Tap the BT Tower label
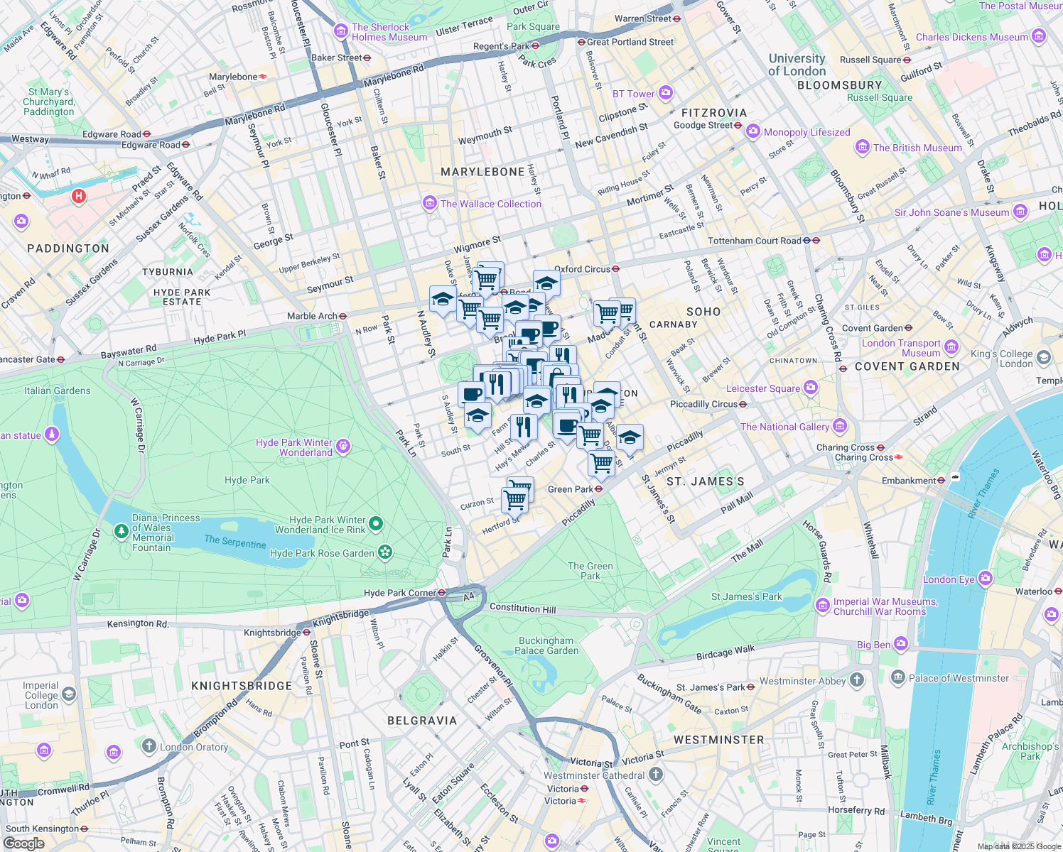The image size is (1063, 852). [633, 94]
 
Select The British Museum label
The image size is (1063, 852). [917, 148]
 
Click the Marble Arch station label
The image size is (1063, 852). [312, 316]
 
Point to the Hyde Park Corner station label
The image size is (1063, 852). [399, 593]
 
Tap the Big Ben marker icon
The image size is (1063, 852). [901, 644]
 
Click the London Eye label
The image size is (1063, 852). [949, 579]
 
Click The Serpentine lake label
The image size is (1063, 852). [234, 542]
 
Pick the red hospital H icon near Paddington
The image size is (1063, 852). [79, 196]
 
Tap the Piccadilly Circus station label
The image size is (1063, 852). [703, 404]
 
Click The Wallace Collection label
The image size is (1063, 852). [490, 204]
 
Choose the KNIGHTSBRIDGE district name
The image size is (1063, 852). [242, 686]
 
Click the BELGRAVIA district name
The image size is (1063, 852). [422, 721]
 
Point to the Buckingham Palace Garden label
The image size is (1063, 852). [546, 645]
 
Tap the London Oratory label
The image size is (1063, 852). [194, 747]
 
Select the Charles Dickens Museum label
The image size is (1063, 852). [971, 37]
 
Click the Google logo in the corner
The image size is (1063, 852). [23, 843]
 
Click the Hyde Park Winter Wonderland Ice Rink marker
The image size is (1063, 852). [376, 525]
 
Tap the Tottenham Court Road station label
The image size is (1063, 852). [754, 241]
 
